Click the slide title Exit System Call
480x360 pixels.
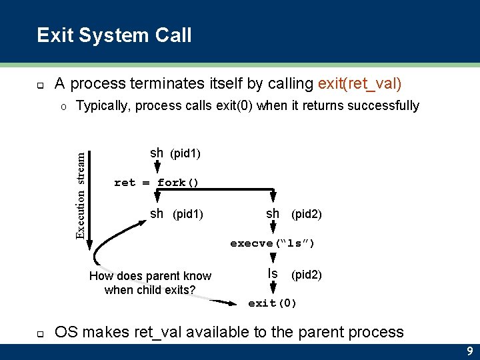click(114, 35)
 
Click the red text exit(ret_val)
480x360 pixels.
click(360, 83)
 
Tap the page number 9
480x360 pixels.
click(469, 351)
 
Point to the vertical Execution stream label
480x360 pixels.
click(81, 195)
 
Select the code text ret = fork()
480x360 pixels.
click(157, 182)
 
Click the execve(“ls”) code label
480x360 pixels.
click(272, 243)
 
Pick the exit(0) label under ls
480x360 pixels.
click(272, 303)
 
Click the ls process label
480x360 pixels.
click(272, 273)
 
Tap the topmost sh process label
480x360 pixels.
click(157, 153)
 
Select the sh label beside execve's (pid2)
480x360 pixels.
click(273, 213)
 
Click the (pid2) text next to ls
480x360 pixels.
click(307, 274)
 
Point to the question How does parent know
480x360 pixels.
click(150, 276)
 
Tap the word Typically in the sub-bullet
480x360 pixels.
click(105, 105)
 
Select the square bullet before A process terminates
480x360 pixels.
click(40, 85)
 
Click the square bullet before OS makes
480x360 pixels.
click(40, 333)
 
